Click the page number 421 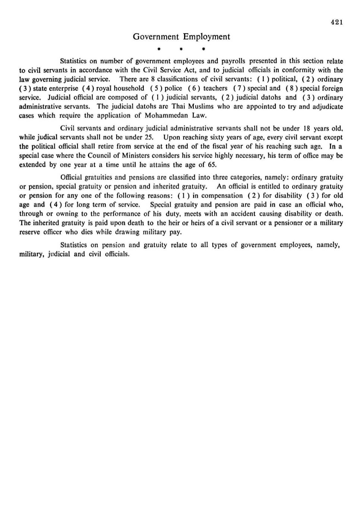pyautogui.click(x=337, y=22)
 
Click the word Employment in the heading pyautogui.click(x=206, y=37)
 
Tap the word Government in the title pyautogui.click(x=156, y=37)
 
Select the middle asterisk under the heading pyautogui.click(x=181, y=49)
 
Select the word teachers pyautogui.click(x=215, y=88)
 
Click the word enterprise pyautogui.click(x=63, y=88)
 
